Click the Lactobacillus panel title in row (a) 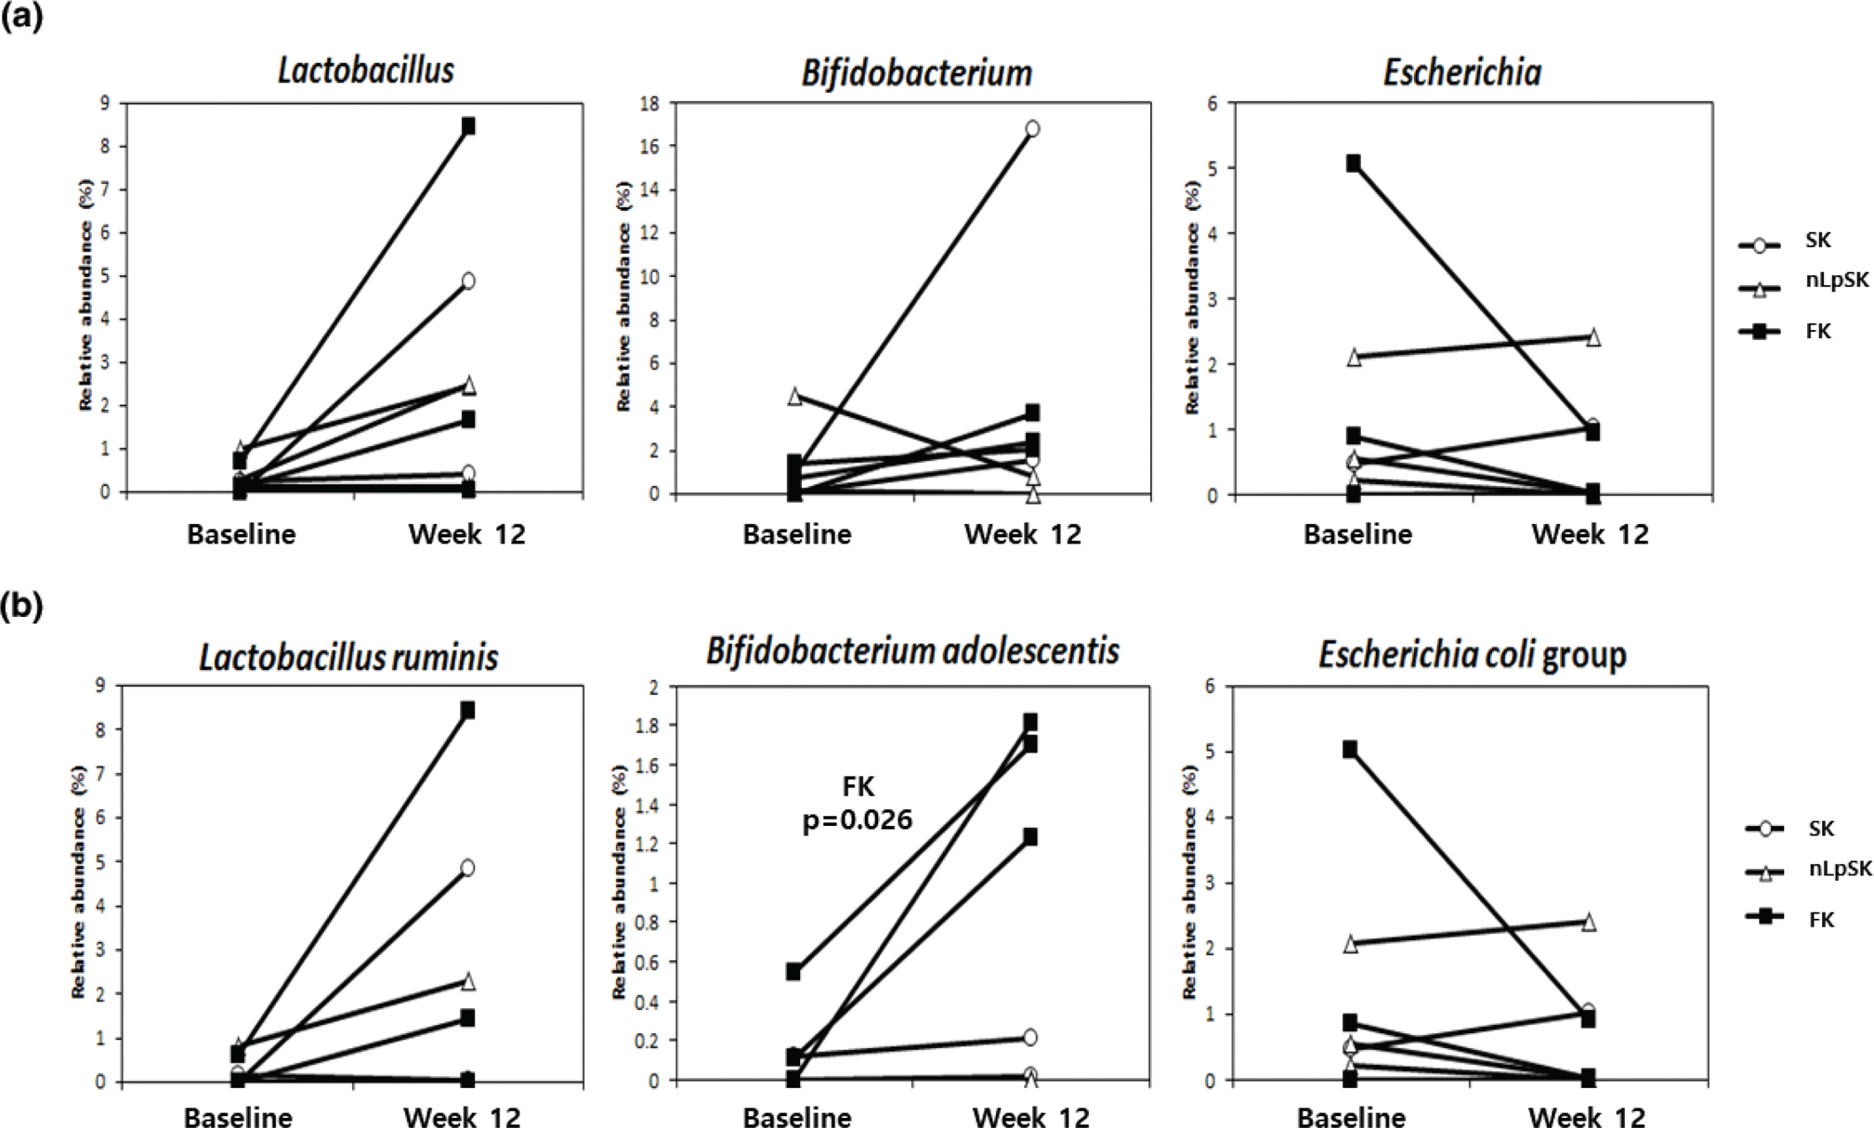[366, 71]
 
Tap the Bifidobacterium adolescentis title [912, 651]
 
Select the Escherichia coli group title [1472, 655]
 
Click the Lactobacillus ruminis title [348, 658]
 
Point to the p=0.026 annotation [857, 820]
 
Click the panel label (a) [21, 18]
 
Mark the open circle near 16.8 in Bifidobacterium [1031, 129]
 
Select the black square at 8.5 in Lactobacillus [468, 125]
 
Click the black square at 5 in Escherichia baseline [1354, 164]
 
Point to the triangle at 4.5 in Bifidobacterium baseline [795, 397]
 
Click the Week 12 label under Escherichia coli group [1586, 1117]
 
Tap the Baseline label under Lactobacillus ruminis [238, 1117]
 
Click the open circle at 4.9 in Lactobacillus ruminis [466, 868]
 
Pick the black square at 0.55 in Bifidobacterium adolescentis [793, 972]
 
